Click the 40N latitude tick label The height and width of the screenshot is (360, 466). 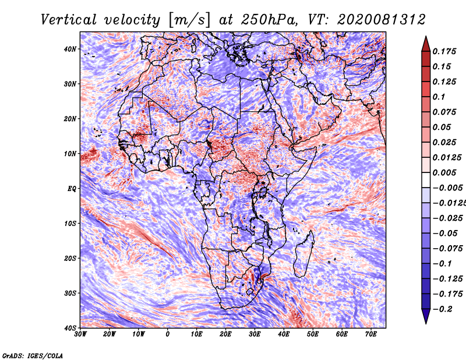point(70,49)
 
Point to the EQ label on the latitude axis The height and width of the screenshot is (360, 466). point(72,189)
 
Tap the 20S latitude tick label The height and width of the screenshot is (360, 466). point(70,258)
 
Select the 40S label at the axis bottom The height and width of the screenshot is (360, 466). point(70,328)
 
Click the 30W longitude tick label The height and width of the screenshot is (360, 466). point(80,334)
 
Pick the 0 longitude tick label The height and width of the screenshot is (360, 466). point(168,334)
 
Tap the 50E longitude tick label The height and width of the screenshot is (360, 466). point(313,334)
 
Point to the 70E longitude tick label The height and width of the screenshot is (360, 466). point(371,334)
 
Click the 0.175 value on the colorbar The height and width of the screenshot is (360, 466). point(444,51)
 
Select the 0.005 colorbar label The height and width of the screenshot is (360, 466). point(444,172)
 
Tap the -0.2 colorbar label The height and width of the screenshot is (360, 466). point(443,309)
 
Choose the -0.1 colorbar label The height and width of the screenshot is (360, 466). point(443,264)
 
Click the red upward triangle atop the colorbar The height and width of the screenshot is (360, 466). point(426,44)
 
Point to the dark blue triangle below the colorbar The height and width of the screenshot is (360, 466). point(426,316)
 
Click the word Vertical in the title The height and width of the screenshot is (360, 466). point(69,20)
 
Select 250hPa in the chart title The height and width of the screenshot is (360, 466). point(269,20)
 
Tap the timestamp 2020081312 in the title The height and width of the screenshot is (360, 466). point(382,20)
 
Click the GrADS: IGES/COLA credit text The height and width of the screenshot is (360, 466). point(33,356)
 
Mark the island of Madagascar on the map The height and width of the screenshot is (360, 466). point(303,253)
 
